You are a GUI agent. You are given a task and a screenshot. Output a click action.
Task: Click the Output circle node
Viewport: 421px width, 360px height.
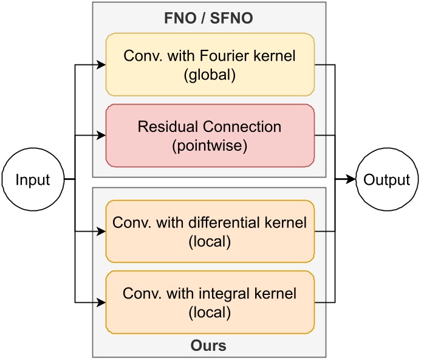(x=387, y=180)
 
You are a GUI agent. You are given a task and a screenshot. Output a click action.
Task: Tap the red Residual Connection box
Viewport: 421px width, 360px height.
(x=210, y=135)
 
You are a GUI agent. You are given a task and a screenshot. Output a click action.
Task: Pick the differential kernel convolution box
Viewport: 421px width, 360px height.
(x=210, y=232)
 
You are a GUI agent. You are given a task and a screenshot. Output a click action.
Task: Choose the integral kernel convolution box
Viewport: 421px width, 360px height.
(x=210, y=302)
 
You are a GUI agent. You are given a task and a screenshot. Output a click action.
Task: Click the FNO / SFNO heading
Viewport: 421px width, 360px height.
(x=210, y=19)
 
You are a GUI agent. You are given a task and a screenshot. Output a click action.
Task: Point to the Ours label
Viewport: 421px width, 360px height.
(x=210, y=346)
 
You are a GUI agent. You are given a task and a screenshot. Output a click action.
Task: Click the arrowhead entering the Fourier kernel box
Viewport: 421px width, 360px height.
(x=101, y=64)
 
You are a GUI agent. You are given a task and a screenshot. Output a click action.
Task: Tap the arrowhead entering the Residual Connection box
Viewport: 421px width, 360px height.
(x=101, y=135)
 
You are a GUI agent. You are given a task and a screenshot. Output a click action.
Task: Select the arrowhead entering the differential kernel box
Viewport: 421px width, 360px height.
(x=101, y=232)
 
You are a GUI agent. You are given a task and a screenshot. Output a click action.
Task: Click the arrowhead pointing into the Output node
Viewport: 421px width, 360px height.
(x=351, y=180)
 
